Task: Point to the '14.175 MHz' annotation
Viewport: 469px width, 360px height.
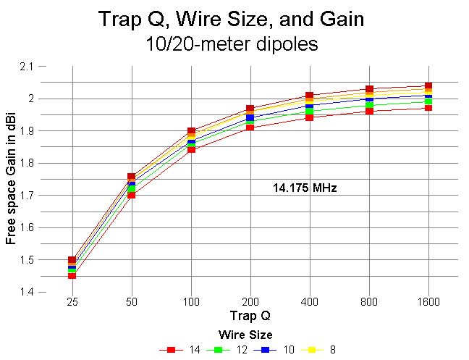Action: click(305, 188)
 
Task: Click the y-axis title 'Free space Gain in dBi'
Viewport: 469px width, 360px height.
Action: click(12, 180)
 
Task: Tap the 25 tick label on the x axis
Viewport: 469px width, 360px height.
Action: click(72, 301)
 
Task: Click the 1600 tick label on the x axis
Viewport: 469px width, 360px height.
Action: click(428, 301)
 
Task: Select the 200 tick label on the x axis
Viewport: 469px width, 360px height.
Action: click(250, 301)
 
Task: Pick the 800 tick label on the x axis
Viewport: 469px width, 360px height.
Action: click(369, 301)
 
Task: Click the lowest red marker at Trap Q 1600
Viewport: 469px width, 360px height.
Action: click(428, 108)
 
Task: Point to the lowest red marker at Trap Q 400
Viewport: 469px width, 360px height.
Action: click(310, 117)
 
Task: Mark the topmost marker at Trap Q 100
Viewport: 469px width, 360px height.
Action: click(191, 132)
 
